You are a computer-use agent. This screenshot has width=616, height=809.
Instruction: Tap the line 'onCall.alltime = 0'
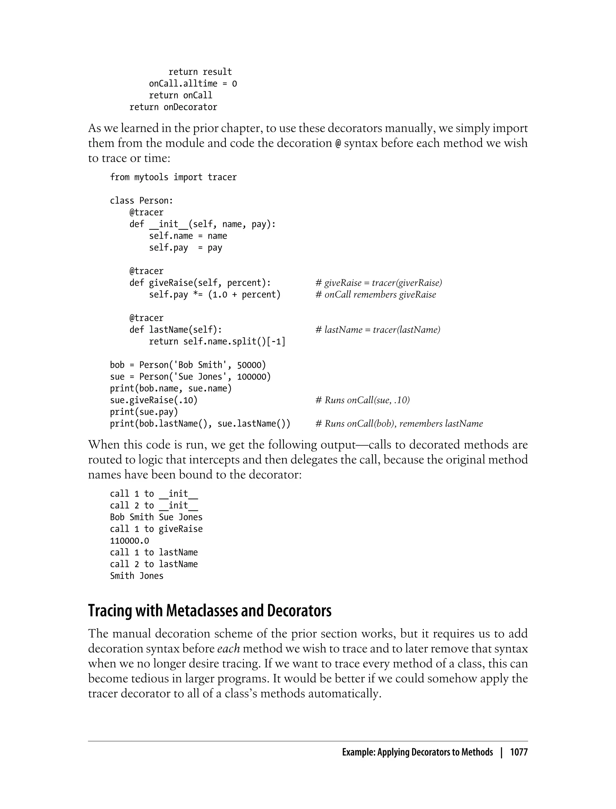pos(193,84)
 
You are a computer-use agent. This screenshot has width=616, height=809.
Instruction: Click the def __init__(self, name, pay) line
pos(202,224)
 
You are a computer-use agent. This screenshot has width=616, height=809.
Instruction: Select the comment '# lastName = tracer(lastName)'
pos(378,330)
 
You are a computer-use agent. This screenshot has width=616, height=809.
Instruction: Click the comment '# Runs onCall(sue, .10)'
pos(362,400)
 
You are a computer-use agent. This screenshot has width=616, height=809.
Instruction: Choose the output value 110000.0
pos(129,541)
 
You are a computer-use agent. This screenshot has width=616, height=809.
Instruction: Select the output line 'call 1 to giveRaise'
pos(156,529)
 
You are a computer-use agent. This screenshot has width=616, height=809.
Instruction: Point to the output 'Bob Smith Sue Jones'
pos(156,517)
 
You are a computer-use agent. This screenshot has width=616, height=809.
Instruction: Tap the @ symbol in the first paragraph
pos(338,144)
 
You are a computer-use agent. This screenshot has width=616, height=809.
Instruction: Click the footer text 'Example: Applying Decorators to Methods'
pos(417,752)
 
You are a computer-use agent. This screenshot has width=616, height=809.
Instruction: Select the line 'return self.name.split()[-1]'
pos(217,342)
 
